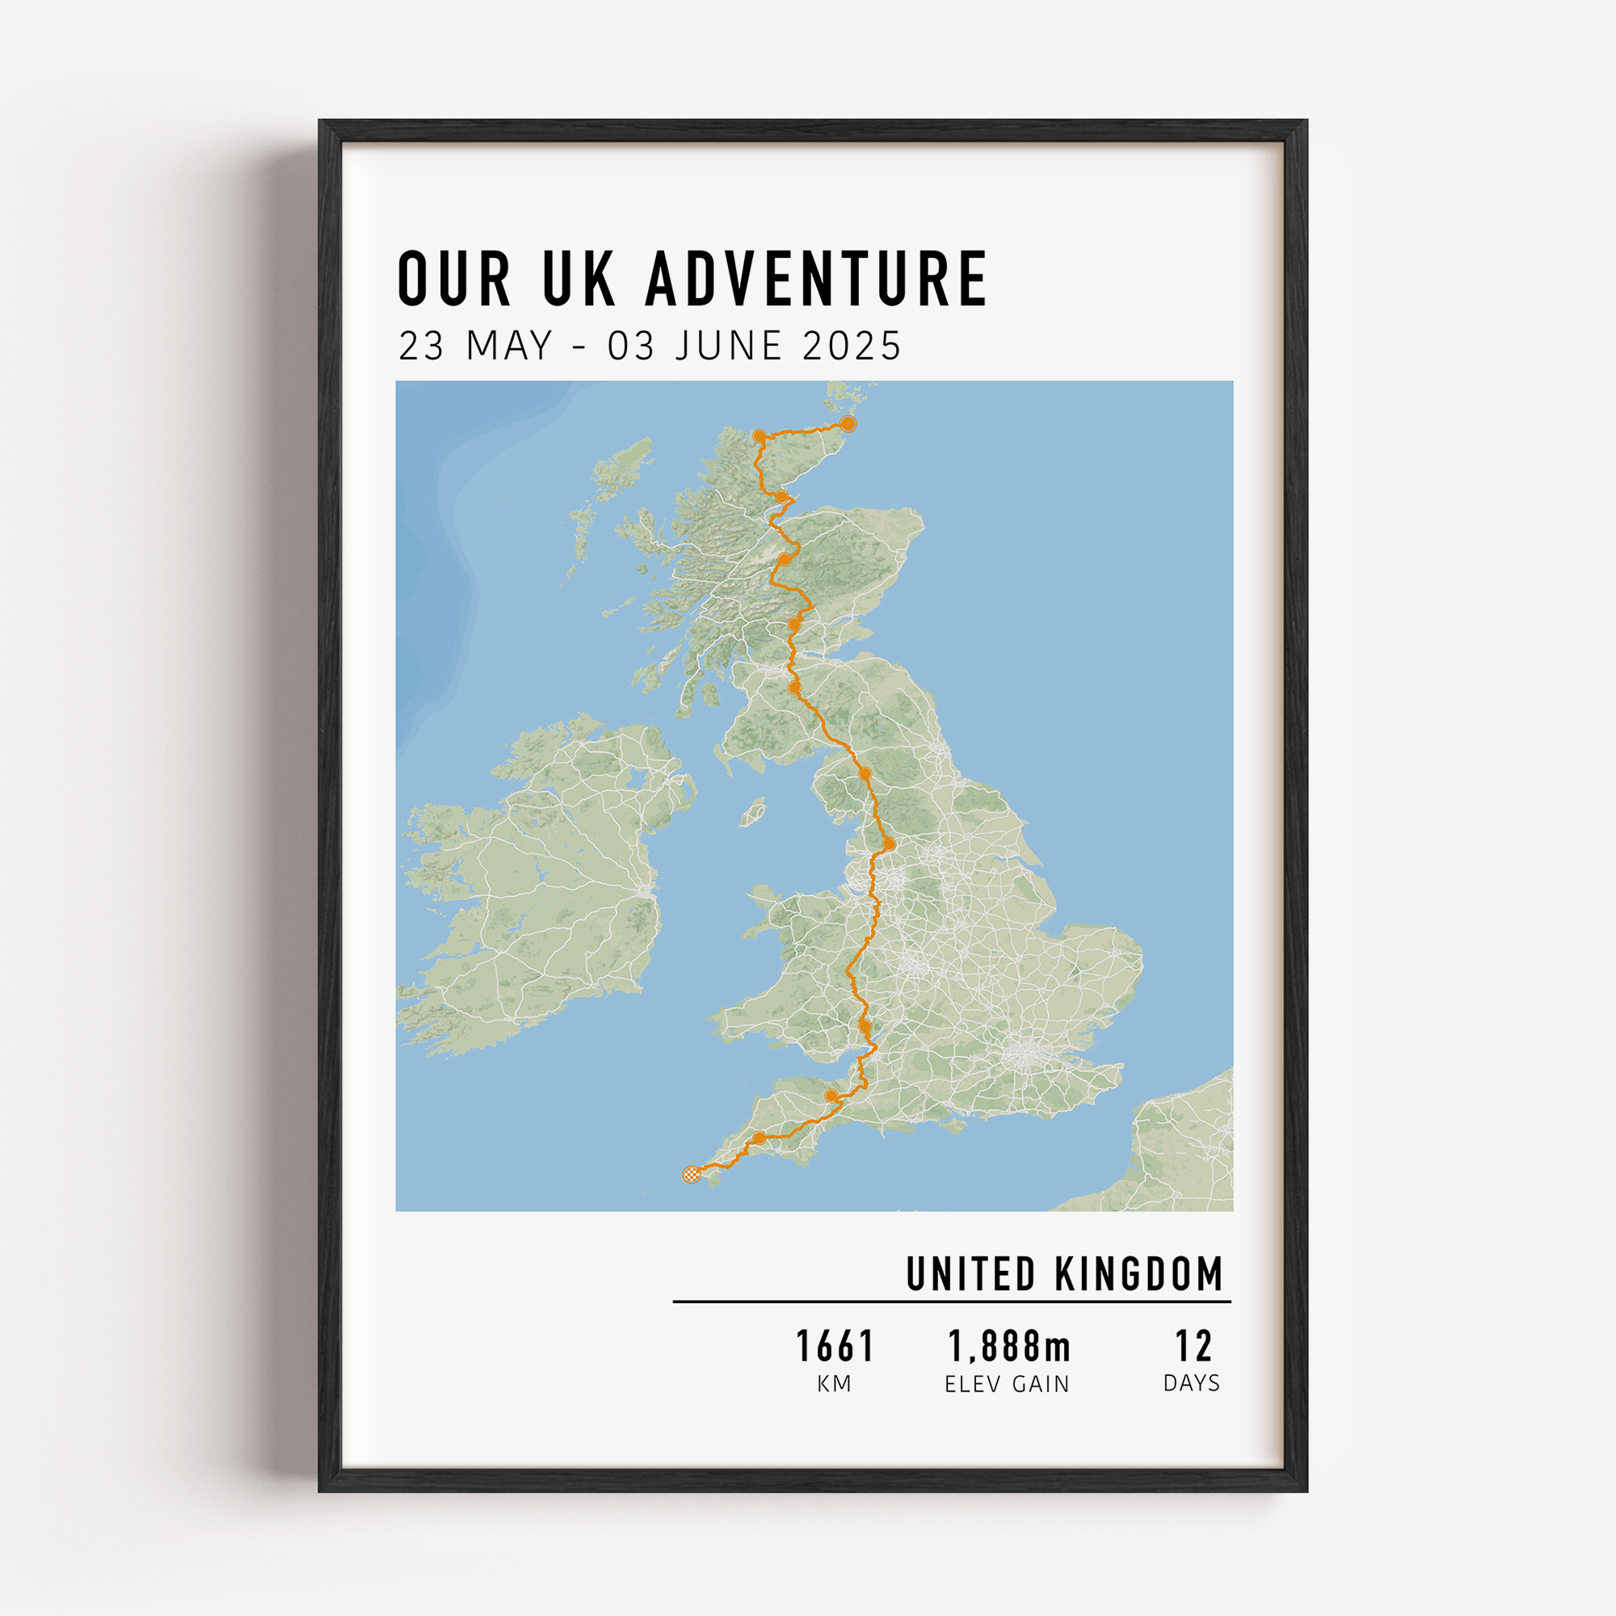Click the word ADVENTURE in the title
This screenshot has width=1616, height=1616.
(x=816, y=278)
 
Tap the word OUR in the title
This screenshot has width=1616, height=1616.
(x=453, y=278)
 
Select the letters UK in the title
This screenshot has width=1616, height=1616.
(x=579, y=278)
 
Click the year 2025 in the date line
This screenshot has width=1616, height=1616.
(x=852, y=347)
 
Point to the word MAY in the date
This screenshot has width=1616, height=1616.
(x=509, y=347)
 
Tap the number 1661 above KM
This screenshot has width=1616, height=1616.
(x=834, y=1347)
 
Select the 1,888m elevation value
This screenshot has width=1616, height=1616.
(x=1008, y=1347)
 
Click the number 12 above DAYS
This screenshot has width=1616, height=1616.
(x=1193, y=1347)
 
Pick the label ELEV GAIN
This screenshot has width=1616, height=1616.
(x=1007, y=1385)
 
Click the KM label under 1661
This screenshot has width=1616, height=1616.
(x=834, y=1384)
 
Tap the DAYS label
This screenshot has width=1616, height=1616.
(x=1191, y=1383)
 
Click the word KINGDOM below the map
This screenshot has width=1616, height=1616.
(x=1139, y=1274)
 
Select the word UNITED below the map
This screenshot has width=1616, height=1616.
(x=971, y=1274)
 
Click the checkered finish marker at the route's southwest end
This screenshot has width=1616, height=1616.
(x=691, y=1174)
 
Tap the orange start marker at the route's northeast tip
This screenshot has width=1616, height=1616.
(x=848, y=423)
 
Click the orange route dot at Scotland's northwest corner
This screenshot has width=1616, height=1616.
(x=759, y=436)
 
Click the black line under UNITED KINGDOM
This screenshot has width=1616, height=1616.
(x=951, y=1302)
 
